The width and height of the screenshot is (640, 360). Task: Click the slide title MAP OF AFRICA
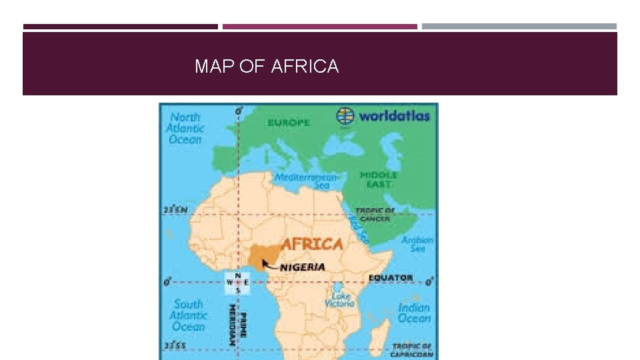pos(267,67)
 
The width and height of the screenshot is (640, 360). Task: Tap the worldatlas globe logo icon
pos(345,115)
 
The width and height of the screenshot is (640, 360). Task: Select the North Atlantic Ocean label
pos(185,128)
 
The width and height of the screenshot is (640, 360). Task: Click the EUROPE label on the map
pos(289,123)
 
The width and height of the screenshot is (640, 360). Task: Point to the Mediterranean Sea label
pos(307,181)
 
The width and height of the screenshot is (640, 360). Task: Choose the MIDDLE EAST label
pos(378,179)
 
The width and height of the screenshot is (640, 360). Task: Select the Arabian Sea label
pos(417,244)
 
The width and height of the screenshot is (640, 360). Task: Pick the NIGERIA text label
pos(303,267)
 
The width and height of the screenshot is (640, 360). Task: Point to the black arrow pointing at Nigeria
pos(270,265)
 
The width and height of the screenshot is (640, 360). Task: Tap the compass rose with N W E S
pos(237,283)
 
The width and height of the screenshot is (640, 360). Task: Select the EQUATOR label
pos(391,277)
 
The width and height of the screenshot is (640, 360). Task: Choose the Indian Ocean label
pos(414,313)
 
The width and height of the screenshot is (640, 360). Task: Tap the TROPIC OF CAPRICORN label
pos(411,350)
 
